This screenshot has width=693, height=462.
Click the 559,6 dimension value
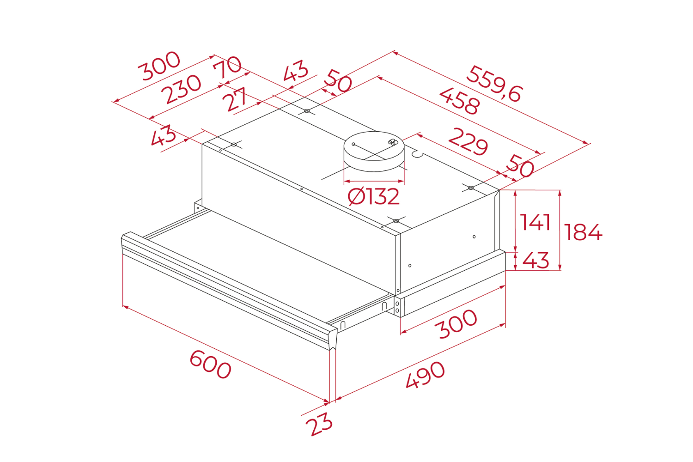click(x=494, y=84)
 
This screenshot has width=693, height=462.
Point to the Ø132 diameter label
click(x=373, y=197)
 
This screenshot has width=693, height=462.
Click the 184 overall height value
click(x=583, y=232)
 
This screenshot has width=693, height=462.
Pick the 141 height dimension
click(x=535, y=222)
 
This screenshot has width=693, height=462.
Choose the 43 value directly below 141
click(x=536, y=261)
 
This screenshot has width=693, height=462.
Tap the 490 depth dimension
click(x=425, y=374)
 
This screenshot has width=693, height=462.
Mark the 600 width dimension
click(x=210, y=364)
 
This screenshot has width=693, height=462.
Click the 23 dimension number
click(x=321, y=424)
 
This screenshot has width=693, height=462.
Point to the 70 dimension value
click(x=227, y=67)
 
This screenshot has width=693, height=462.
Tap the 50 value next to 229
click(x=520, y=166)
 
